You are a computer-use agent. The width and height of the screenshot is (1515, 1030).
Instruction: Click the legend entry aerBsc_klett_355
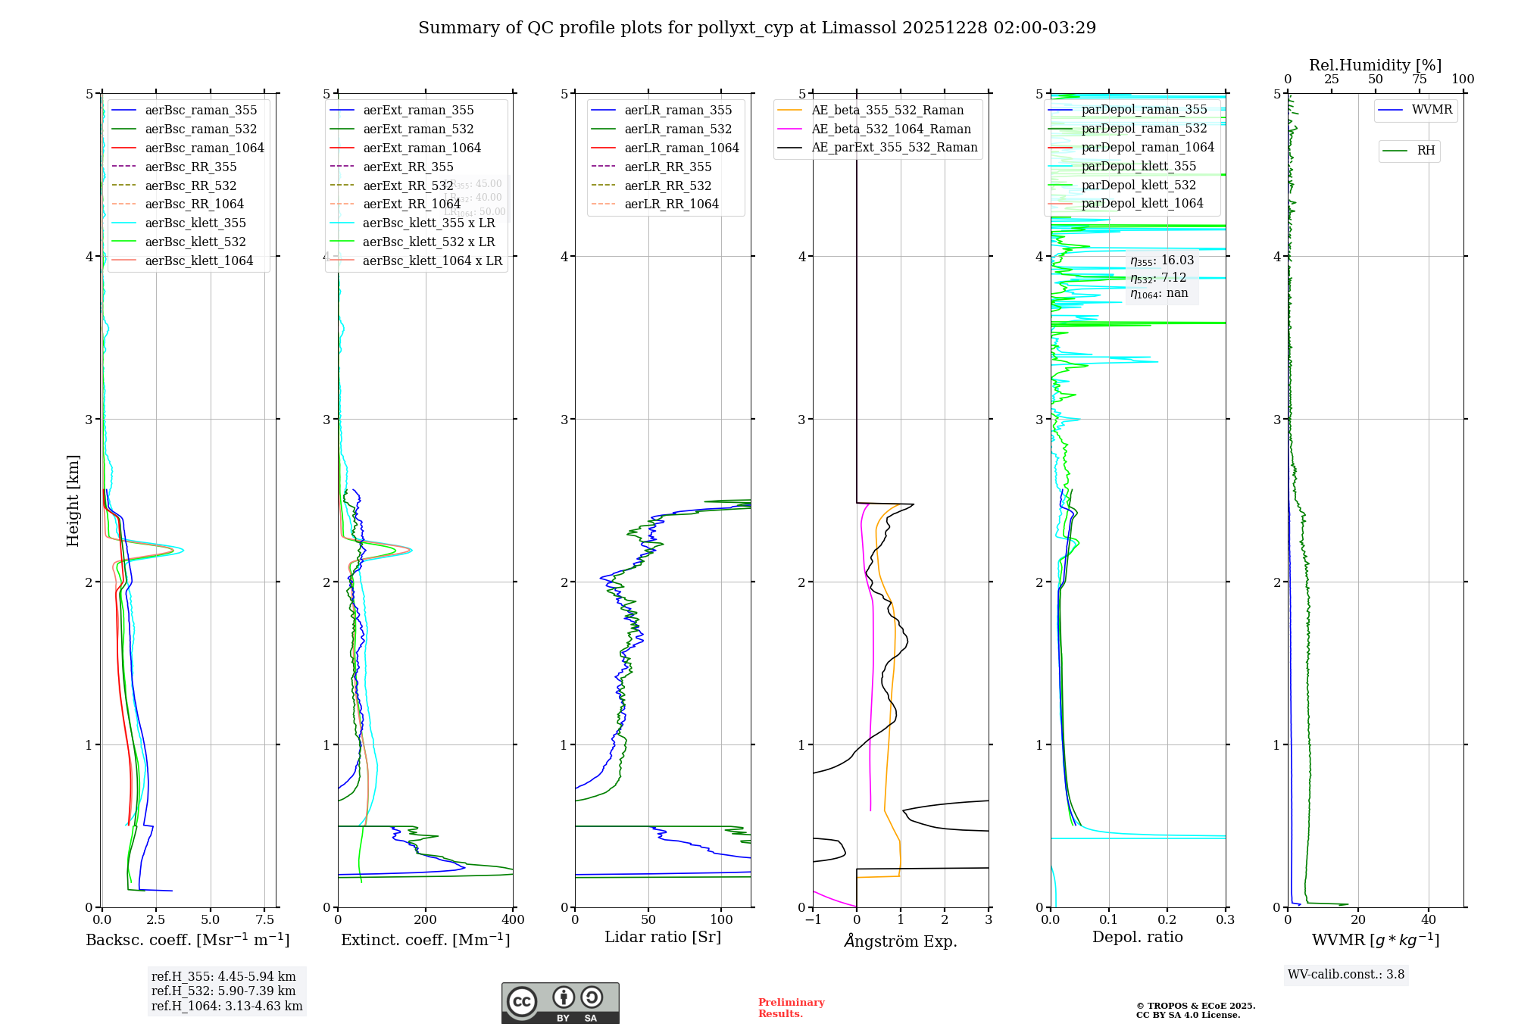coord(195,223)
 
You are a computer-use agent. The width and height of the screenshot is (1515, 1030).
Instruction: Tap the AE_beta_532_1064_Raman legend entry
coord(891,129)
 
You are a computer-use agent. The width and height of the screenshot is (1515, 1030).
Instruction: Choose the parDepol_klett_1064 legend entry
coord(1142,203)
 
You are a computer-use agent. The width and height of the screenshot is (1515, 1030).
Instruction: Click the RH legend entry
coord(1426,151)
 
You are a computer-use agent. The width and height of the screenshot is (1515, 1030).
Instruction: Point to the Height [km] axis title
coord(73,501)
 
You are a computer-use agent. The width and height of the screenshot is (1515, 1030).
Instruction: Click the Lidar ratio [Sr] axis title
coord(663,937)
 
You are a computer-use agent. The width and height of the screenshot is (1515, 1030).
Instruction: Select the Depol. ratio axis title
coord(1137,937)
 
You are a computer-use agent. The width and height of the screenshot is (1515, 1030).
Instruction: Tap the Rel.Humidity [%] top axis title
coord(1375,65)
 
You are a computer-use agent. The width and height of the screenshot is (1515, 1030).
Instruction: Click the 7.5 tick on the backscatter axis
coord(264,919)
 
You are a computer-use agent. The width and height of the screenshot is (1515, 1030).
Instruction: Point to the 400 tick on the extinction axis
coord(513,919)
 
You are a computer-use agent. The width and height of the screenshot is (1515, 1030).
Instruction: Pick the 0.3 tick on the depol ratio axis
coord(1225,919)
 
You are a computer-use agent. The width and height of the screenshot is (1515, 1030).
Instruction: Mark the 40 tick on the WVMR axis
coord(1429,919)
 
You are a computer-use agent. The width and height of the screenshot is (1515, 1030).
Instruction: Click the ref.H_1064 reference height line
coord(226,1006)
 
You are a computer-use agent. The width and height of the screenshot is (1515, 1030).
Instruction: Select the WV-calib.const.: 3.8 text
coord(1346,974)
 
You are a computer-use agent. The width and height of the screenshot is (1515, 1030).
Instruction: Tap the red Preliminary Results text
coord(791,1007)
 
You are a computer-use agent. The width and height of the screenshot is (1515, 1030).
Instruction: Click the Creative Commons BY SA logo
coord(560,1003)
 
